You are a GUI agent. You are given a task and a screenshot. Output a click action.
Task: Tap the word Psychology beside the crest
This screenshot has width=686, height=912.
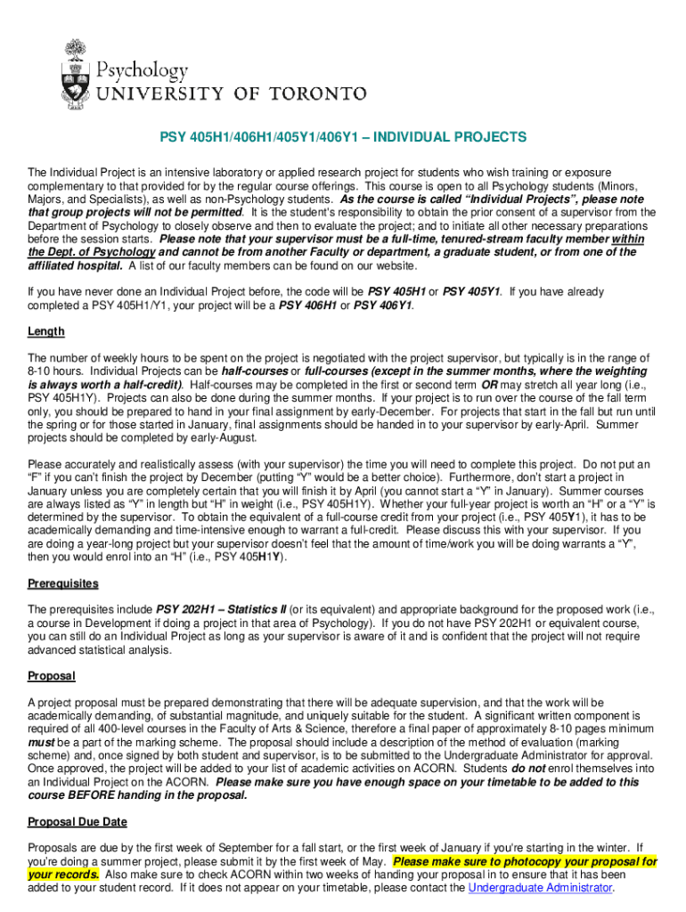pyautogui.click(x=142, y=70)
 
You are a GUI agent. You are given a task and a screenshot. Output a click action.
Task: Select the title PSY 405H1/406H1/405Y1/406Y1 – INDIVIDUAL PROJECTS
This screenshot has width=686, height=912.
pyautogui.click(x=343, y=138)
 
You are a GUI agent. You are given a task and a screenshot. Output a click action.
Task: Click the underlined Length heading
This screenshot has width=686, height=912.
pyautogui.click(x=46, y=331)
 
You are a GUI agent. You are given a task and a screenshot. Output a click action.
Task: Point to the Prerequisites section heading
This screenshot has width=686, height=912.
pyautogui.click(x=63, y=583)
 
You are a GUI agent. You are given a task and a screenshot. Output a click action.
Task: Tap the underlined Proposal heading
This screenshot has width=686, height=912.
pyautogui.click(x=52, y=676)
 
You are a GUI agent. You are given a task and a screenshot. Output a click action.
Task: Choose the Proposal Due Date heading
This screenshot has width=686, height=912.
pyautogui.click(x=78, y=821)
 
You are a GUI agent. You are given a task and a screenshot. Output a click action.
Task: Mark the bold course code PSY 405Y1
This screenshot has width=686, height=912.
pyautogui.click(x=472, y=291)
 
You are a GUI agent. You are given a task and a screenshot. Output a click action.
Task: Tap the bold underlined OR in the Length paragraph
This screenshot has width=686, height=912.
pyautogui.click(x=489, y=385)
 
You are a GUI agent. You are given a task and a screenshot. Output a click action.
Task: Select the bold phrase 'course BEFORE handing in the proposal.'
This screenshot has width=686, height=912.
pyautogui.click(x=137, y=795)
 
